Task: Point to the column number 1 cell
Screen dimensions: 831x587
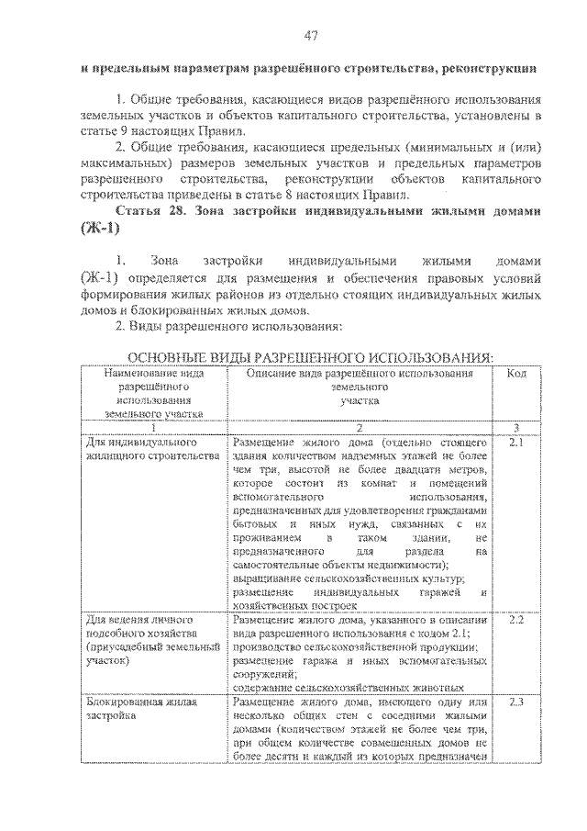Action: tap(153, 428)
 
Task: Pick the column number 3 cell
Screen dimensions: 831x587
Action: tap(515, 428)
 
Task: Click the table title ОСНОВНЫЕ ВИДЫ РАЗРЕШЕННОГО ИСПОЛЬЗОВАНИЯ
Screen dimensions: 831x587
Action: tap(310, 357)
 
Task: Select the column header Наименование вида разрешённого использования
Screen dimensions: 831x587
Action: tap(153, 394)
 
